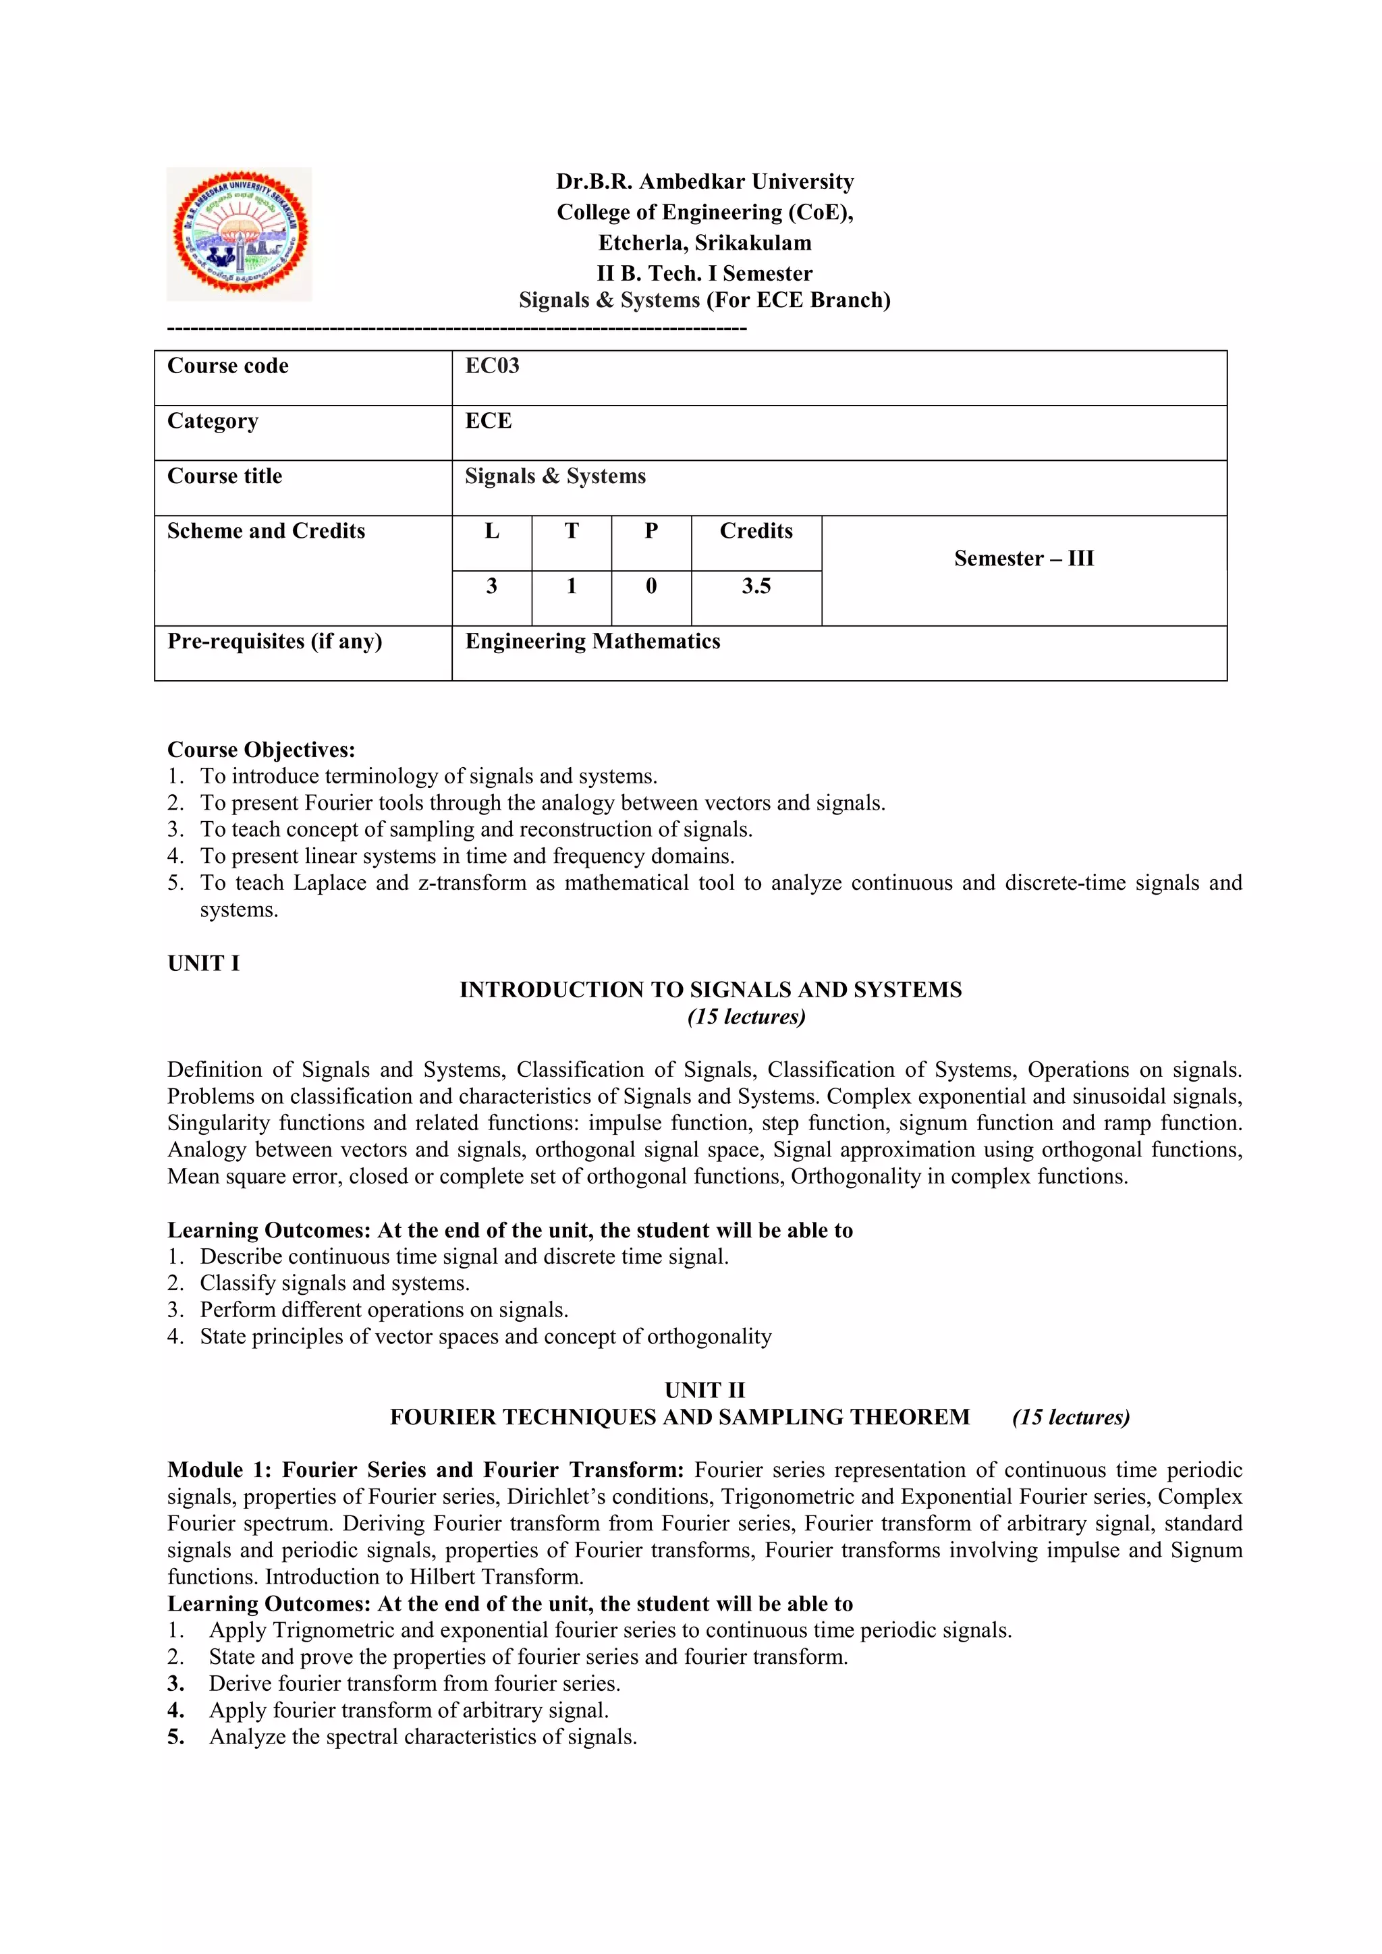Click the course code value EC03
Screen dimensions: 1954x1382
[492, 366]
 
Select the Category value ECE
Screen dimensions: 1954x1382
[489, 421]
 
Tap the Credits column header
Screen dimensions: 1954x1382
[756, 531]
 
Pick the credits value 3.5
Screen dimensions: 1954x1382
[756, 586]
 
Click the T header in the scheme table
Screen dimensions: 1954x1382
[571, 531]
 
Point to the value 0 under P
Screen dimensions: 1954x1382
[651, 586]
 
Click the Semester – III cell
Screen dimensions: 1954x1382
[1024, 559]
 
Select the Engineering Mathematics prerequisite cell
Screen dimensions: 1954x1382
[592, 642]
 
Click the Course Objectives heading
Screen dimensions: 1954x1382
[261, 750]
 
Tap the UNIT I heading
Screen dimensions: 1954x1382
[203, 964]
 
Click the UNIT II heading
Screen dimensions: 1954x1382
[704, 1391]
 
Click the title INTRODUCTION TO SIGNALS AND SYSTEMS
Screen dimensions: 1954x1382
[711, 990]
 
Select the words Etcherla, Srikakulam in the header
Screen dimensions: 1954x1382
[704, 244]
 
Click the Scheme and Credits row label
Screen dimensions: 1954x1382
[265, 531]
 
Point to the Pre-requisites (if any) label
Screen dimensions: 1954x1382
[274, 642]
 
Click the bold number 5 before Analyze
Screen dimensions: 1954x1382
[176, 1737]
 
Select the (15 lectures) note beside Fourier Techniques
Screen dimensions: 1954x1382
[1070, 1417]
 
